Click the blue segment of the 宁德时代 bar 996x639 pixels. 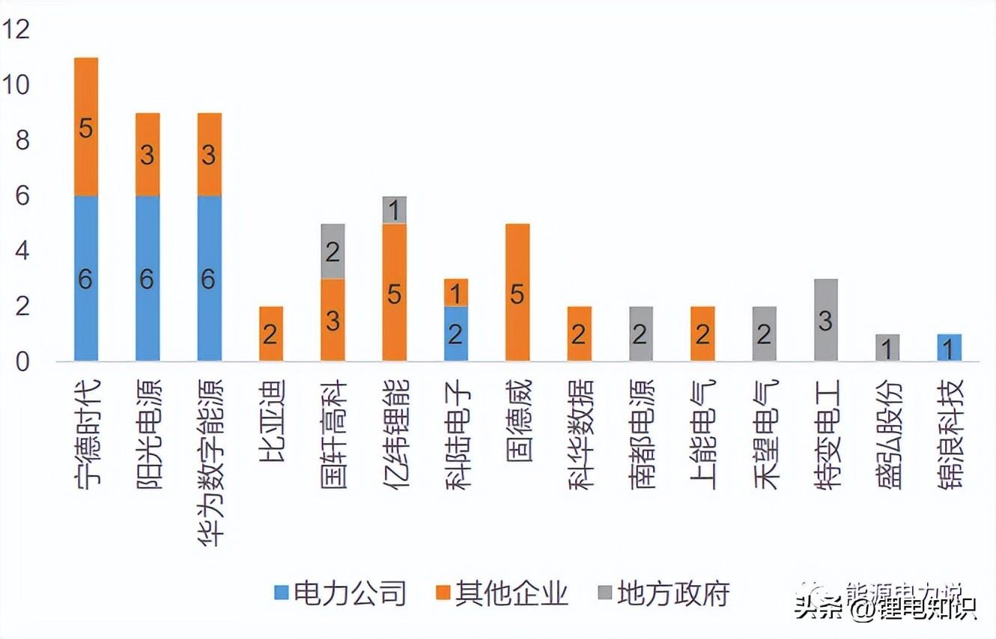click(x=86, y=278)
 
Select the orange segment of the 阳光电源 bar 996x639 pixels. click(x=148, y=154)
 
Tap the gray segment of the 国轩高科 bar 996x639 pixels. click(x=332, y=251)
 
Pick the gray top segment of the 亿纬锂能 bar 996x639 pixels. click(x=394, y=210)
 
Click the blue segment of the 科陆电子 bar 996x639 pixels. click(x=455, y=334)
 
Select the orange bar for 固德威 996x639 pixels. click(x=517, y=293)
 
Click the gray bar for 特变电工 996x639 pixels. click(x=825, y=320)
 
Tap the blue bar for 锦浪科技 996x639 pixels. click(x=949, y=348)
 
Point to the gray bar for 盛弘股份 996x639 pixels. click(x=887, y=348)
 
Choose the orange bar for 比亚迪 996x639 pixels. click(x=271, y=334)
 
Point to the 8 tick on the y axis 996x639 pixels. click(x=20, y=141)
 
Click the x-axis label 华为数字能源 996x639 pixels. click(x=209, y=460)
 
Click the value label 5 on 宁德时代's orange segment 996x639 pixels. click(x=86, y=128)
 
